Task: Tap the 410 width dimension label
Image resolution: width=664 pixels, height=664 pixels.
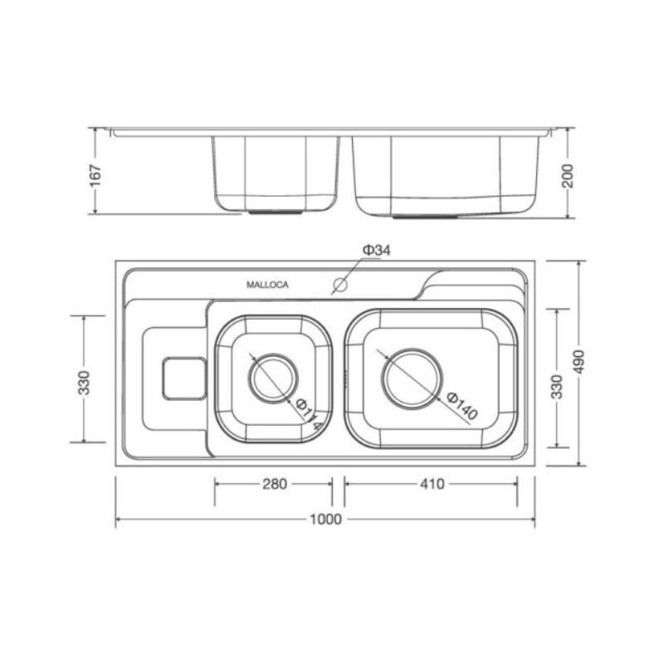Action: [431, 484]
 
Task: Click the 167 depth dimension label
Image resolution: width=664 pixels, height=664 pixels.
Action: [95, 175]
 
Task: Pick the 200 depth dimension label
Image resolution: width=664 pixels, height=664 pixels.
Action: [568, 175]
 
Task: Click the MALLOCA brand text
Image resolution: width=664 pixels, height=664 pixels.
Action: [267, 285]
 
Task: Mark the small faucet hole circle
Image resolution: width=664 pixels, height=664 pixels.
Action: [339, 286]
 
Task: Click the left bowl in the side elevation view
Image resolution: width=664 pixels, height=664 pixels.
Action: [275, 173]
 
